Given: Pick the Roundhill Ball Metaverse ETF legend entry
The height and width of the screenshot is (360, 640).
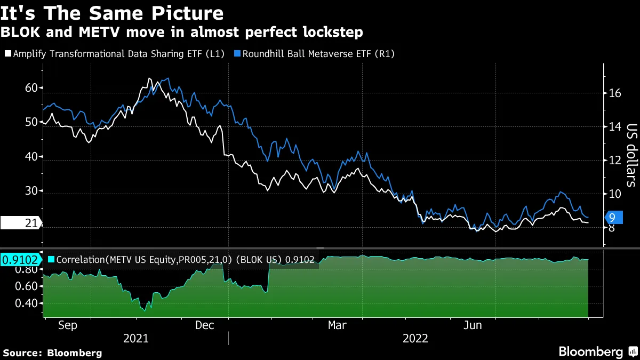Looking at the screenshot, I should tap(318, 54).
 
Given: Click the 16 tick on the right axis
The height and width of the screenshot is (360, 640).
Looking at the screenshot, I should tap(615, 93).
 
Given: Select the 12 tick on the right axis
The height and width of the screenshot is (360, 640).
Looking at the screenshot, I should tap(615, 161).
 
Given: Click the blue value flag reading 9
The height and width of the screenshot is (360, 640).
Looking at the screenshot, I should tap(613, 217).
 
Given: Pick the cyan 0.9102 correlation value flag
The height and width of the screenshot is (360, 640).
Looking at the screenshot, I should tap(20, 260).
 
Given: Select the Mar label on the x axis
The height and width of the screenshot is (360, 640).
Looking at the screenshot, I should tap(337, 325).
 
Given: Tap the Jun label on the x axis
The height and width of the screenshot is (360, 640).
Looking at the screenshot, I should tap(473, 325).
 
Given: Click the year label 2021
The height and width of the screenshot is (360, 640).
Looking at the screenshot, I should tap(135, 338).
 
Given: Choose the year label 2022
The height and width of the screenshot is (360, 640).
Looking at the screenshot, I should tap(415, 338).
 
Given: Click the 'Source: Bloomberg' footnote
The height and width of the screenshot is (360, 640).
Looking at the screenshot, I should tap(52, 353).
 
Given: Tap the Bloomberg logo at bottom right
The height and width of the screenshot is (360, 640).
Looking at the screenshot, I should tap(597, 352).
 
